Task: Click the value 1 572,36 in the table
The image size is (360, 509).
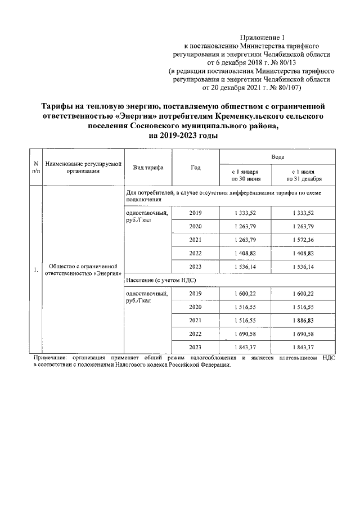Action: pyautogui.click(x=303, y=239)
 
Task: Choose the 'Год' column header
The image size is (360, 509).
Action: pyautogui.click(x=196, y=168)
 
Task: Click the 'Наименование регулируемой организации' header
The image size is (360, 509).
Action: pyautogui.click(x=83, y=168)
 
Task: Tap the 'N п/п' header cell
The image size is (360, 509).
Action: pyautogui.click(x=36, y=168)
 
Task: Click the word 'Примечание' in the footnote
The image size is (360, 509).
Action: pyautogui.click(x=49, y=358)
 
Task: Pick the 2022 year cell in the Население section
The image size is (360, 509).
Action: pyautogui.click(x=196, y=333)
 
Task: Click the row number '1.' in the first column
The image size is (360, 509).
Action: pyautogui.click(x=35, y=269)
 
